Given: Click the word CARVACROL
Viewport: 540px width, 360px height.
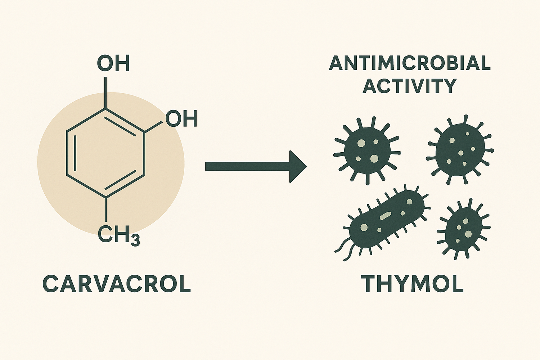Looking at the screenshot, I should [x=117, y=284].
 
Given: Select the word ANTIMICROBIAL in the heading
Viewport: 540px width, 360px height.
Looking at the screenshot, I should [x=410, y=63].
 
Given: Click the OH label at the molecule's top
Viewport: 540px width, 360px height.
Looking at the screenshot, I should [x=113, y=63].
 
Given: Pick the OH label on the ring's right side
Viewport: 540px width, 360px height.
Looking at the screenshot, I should [x=181, y=119].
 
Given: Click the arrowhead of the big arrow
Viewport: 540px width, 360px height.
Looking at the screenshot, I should [x=297, y=166].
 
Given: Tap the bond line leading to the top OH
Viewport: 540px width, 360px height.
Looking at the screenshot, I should [x=105, y=91].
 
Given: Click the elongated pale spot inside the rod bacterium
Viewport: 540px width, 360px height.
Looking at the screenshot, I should [x=385, y=215].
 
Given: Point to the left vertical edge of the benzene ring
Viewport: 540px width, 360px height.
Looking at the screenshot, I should [x=67, y=153].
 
